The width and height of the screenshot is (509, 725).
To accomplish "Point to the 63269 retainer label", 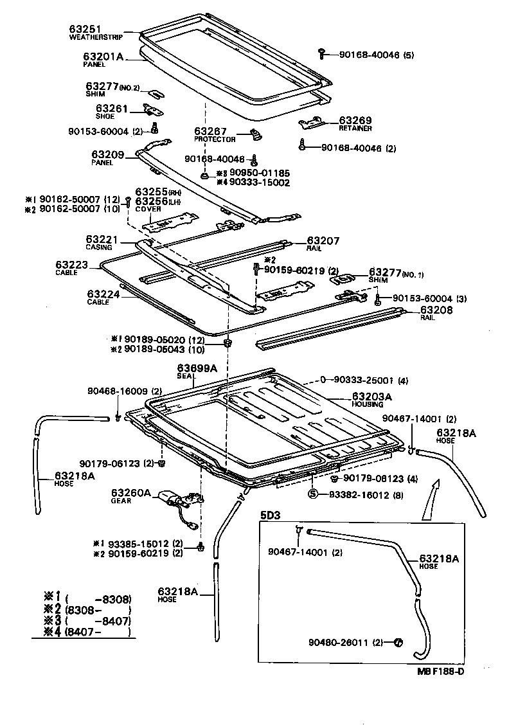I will tap(355, 120).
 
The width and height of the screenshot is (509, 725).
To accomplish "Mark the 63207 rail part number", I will tap(323, 241).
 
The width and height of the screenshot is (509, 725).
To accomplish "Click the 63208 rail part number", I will tap(435, 310).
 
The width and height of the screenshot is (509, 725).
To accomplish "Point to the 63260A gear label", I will tap(130, 493).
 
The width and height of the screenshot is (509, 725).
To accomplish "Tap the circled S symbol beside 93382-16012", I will tap(313, 494).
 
